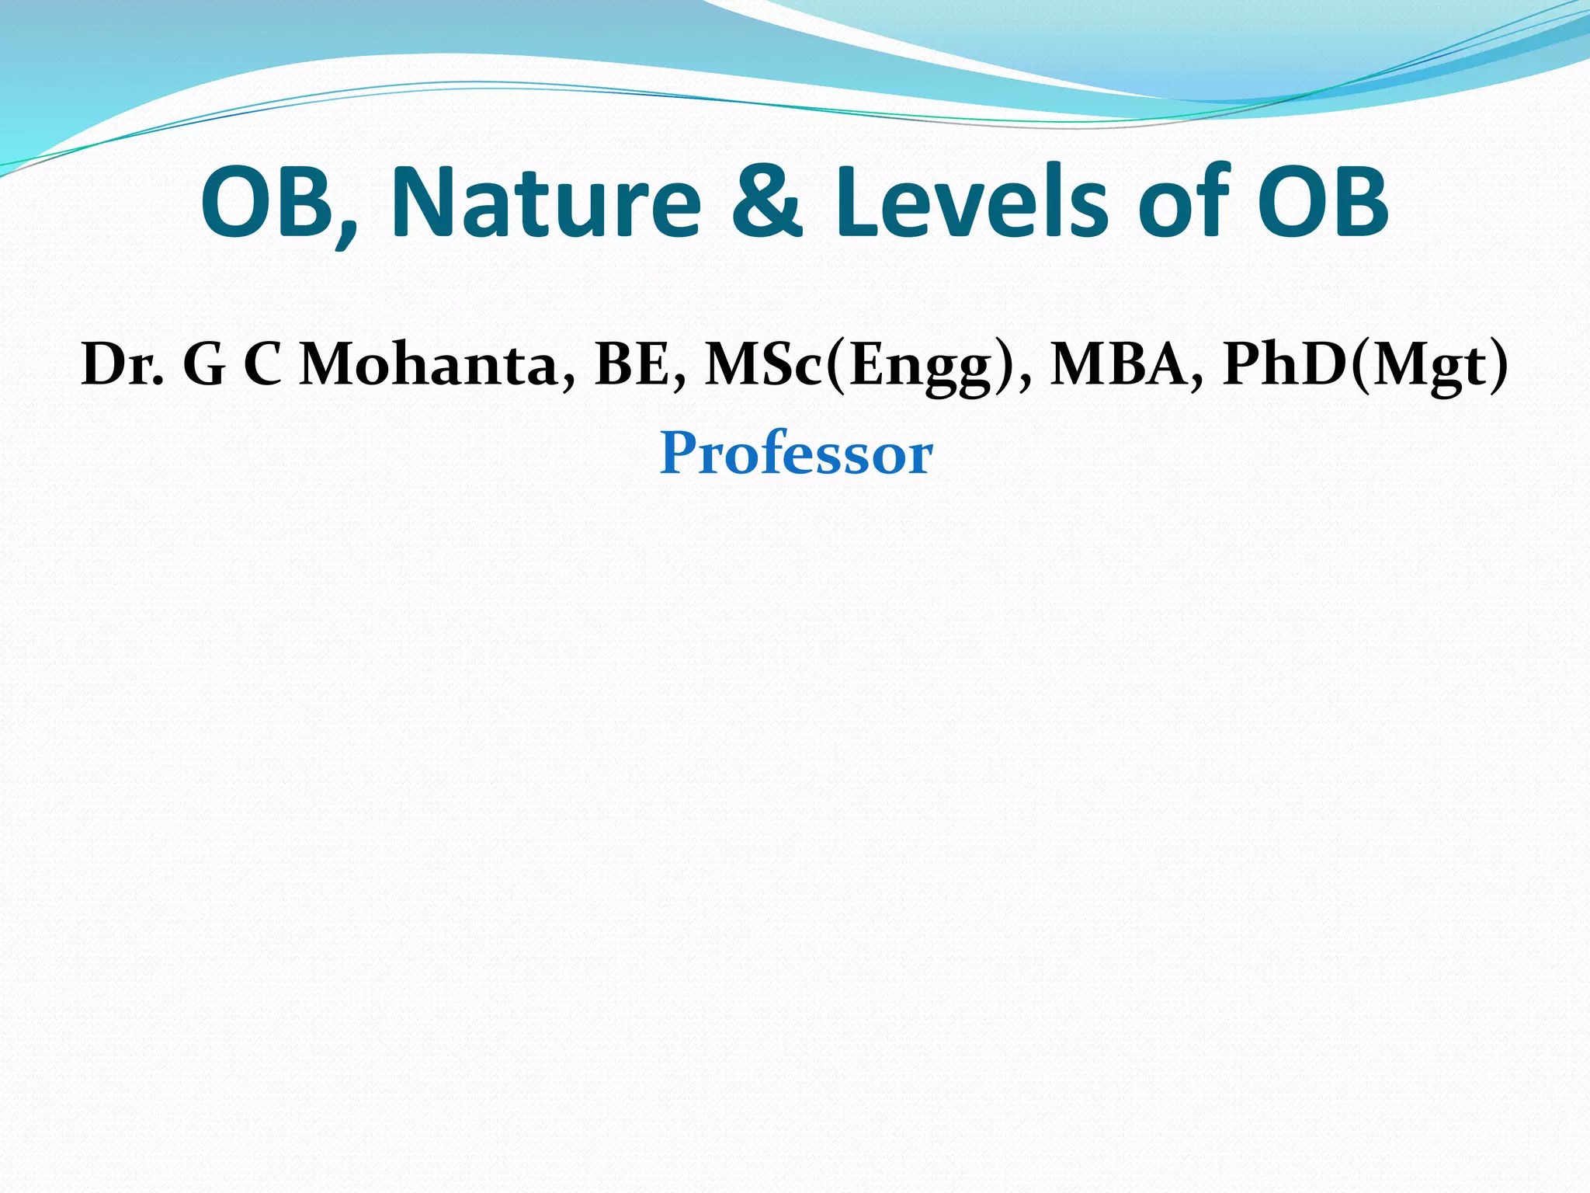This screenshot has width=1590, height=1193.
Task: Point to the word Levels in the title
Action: pyautogui.click(x=970, y=203)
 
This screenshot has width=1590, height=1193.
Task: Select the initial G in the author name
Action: pyautogui.click(x=204, y=364)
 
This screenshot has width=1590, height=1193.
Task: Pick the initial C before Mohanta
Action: pyautogui.click(x=262, y=364)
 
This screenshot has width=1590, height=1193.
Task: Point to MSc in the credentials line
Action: pyautogui.click(x=763, y=364)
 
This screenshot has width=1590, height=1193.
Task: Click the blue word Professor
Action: pyautogui.click(x=796, y=454)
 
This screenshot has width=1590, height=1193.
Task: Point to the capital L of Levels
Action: pyautogui.click(x=857, y=203)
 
